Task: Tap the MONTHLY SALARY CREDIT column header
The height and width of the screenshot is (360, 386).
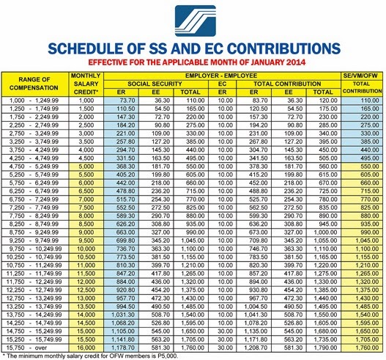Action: pos(87,81)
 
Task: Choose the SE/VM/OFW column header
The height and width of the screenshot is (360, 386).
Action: pos(363,76)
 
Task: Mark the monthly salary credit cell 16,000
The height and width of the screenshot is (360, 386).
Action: pos(87,339)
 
